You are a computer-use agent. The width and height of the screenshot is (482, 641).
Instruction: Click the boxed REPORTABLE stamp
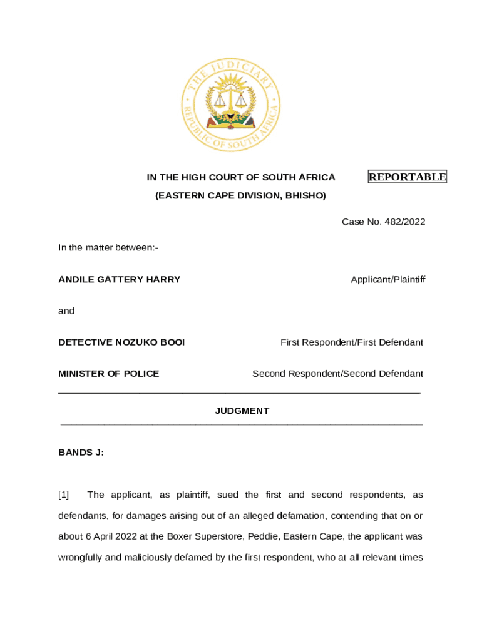[407, 177]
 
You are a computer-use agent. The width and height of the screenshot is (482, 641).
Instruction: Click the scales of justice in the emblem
[230, 98]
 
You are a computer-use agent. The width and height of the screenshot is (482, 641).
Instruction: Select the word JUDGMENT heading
[242, 411]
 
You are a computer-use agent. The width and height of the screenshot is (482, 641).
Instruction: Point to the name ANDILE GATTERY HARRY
[119, 279]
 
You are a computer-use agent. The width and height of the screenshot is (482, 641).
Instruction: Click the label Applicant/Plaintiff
[387, 279]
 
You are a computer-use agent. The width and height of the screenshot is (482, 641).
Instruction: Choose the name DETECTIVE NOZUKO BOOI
[121, 342]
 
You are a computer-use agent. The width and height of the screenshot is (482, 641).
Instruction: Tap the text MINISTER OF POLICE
[108, 374]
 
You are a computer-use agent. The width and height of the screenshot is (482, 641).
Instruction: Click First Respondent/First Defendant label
[351, 342]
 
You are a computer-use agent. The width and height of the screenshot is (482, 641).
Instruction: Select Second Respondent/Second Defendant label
[337, 374]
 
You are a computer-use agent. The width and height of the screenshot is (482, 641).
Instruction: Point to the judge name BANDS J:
[81, 452]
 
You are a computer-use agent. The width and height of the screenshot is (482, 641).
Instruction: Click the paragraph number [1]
[64, 495]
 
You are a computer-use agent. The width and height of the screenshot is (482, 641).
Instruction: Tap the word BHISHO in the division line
[305, 196]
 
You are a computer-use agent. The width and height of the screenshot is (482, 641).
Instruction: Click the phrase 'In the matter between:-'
[108, 248]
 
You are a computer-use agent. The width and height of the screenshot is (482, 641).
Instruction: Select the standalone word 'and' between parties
[66, 311]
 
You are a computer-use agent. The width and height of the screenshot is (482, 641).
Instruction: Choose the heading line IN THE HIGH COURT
[241, 177]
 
